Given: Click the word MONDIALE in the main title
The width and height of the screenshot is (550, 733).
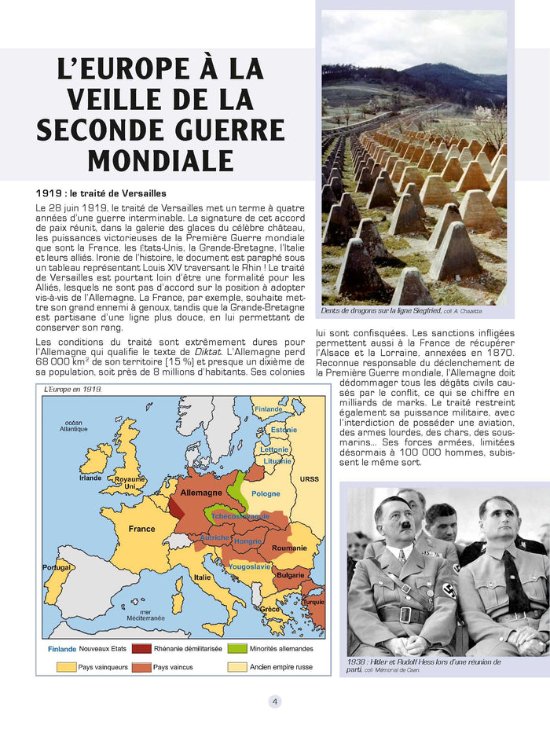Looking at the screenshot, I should click(x=160, y=159).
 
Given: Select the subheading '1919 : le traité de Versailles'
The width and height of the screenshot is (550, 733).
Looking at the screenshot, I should click(x=101, y=193).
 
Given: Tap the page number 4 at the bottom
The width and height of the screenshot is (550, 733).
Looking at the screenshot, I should click(x=274, y=702).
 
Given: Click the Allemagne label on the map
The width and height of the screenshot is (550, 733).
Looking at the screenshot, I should click(x=201, y=492).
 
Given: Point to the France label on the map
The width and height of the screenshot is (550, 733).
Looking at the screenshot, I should click(x=141, y=529).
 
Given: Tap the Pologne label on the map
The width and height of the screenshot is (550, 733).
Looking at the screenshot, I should click(x=266, y=493).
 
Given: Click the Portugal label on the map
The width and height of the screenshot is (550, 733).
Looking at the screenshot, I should click(x=56, y=567).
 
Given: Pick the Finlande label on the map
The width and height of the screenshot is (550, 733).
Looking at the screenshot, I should click(x=268, y=409).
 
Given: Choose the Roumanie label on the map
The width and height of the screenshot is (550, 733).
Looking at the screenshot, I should click(x=289, y=547).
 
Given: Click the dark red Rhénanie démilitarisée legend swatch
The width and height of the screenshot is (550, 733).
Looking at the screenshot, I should click(x=141, y=649).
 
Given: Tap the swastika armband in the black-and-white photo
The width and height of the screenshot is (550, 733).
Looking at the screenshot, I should click(x=449, y=591).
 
